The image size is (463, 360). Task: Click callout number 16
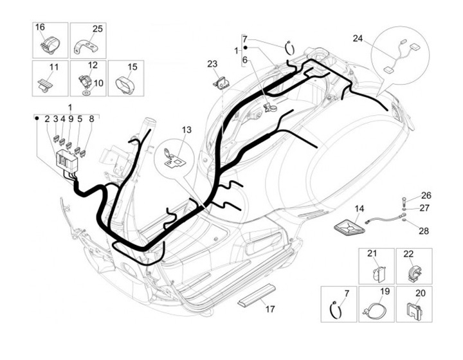(x=40, y=28)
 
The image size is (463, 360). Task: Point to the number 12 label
(x=93, y=65)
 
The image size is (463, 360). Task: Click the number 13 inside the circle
(x=186, y=130)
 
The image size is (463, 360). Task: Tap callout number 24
(x=358, y=38)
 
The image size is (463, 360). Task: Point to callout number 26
(x=426, y=195)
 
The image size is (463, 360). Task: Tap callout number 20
(x=421, y=293)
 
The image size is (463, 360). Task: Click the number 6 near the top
(x=244, y=60)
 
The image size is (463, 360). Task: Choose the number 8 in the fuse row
(x=91, y=119)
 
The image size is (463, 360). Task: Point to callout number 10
(x=98, y=83)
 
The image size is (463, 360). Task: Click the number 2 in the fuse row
(x=48, y=119)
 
